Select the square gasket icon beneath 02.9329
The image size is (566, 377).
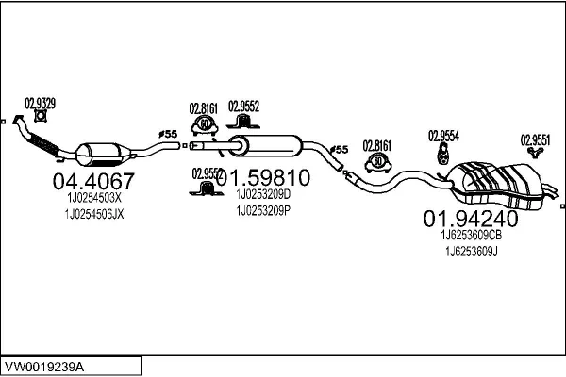tap(40, 117)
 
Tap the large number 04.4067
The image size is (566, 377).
tap(92, 181)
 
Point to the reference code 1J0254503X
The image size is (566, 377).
tap(93, 199)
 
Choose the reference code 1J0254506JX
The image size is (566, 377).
tap(93, 215)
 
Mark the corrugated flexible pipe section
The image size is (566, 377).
tap(43, 144)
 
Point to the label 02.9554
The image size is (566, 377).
tap(443, 135)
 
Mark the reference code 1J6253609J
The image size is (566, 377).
tap(469, 252)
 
